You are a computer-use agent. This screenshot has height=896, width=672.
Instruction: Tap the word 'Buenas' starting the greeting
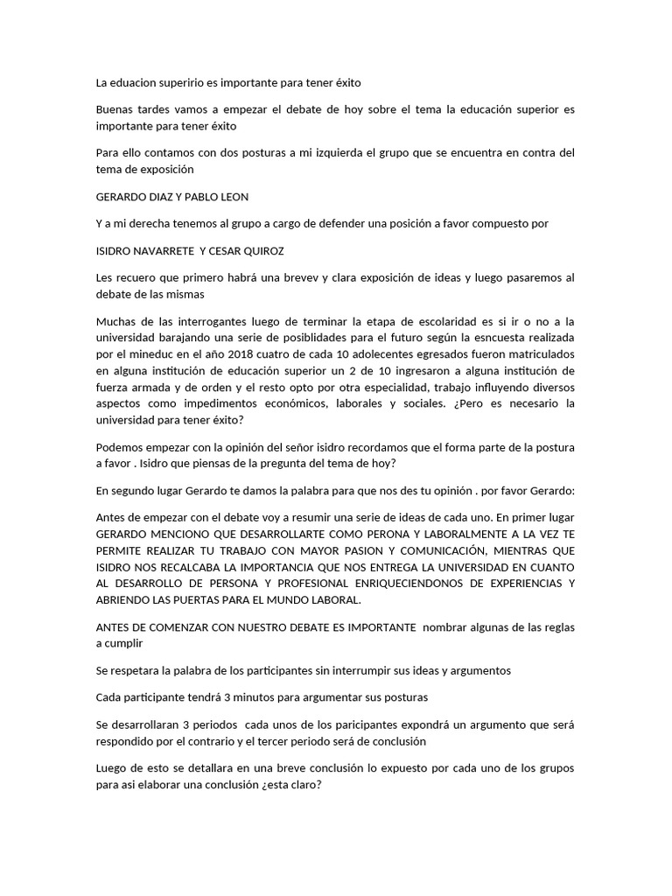coord(115,109)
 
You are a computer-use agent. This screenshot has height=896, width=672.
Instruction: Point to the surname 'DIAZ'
coord(157,196)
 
